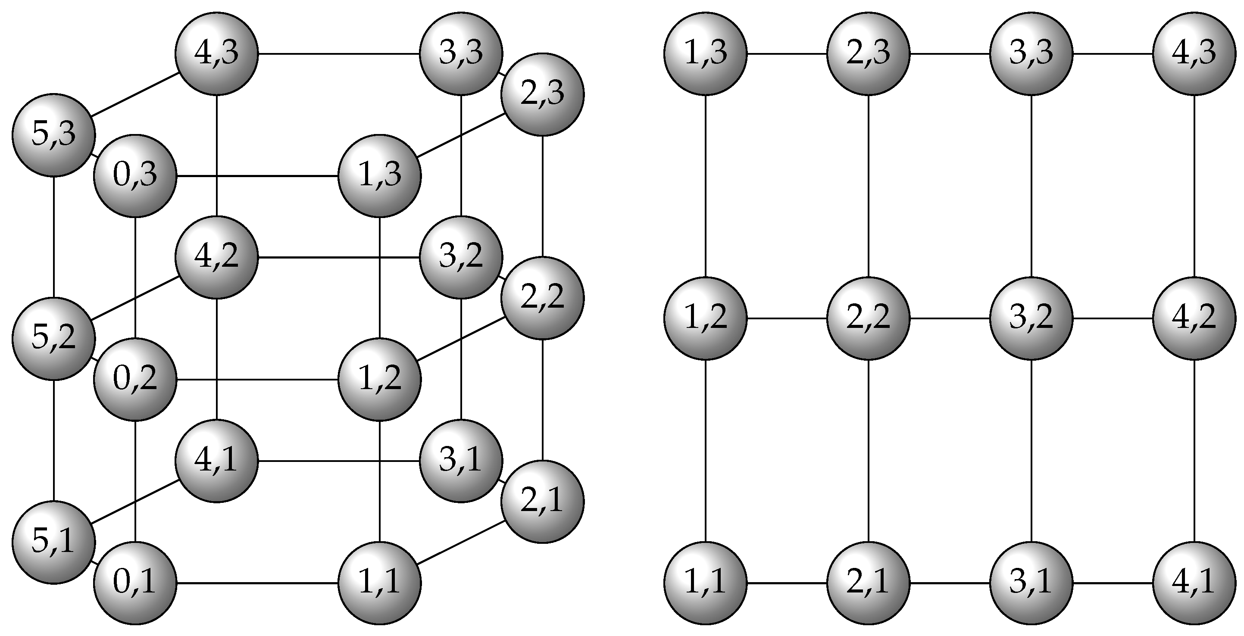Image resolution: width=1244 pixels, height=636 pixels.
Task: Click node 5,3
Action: click(53, 135)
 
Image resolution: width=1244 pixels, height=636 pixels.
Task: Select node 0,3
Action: click(135, 175)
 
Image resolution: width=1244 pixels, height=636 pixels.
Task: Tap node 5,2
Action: click(53, 338)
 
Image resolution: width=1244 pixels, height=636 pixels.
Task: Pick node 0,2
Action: click(135, 379)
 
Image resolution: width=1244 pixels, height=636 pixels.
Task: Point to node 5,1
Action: click(53, 542)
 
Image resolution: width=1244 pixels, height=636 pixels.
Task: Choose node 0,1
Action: click(135, 583)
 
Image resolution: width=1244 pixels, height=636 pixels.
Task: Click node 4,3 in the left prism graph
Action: click(216, 53)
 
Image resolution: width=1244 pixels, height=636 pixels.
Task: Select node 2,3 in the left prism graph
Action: click(542, 94)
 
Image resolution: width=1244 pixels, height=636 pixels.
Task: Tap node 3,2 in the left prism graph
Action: click(461, 257)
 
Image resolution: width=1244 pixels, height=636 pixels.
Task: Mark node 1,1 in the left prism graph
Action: click(380, 583)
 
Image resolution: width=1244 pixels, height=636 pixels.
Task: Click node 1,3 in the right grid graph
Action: click(706, 53)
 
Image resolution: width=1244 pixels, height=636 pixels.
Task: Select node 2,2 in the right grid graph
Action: click(868, 318)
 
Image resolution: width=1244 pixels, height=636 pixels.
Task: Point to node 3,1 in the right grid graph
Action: click(1031, 583)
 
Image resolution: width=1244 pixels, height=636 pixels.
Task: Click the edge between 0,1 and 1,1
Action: click(257, 583)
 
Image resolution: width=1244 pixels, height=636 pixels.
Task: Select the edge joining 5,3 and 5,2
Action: click(53, 237)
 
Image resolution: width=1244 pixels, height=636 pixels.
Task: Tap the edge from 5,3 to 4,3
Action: click(135, 94)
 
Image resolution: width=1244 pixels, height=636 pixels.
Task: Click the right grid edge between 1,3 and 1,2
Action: click(706, 186)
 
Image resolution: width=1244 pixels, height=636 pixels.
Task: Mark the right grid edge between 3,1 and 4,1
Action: click(1113, 583)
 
